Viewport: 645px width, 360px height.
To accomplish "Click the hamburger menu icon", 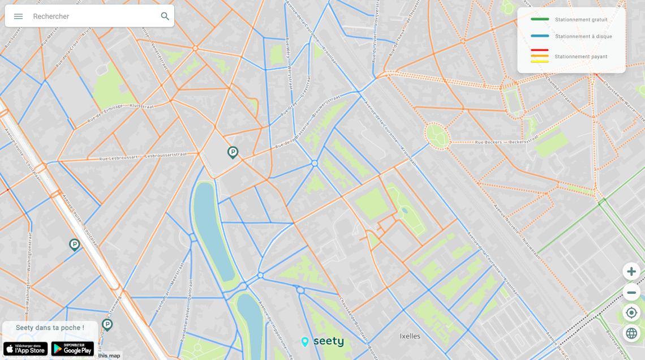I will pos(18,16).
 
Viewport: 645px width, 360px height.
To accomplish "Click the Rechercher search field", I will pos(91,16).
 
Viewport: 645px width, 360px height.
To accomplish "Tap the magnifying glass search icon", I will pos(165,16).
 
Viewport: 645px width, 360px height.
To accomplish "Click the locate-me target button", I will pos(631,312).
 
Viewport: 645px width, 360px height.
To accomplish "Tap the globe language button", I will pos(631,333).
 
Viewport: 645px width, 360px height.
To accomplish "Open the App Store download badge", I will pos(25,349).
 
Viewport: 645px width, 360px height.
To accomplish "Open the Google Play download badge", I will pos(72,349).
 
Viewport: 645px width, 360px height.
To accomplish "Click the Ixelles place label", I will pos(410,336).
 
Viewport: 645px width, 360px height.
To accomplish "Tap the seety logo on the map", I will pos(322,341).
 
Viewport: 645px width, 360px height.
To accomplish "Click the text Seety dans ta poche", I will pos(50,328).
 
